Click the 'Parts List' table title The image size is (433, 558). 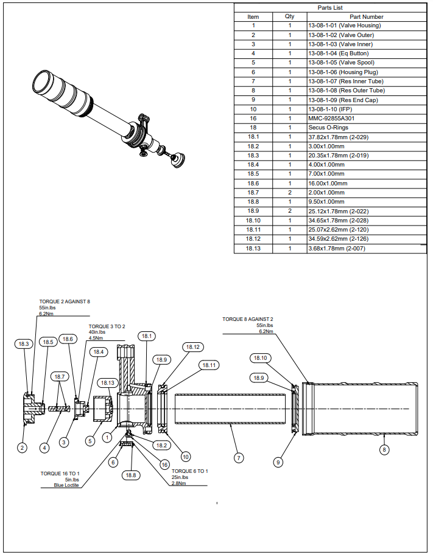331,7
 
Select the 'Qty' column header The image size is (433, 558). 289,16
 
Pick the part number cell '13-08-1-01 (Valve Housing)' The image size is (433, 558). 344,26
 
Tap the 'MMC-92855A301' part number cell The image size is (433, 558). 331,119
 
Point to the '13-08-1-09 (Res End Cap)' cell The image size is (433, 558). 343,100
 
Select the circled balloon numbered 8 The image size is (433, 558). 384,450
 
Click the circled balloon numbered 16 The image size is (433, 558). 164,464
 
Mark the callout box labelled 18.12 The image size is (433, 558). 192,347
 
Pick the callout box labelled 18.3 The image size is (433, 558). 24,344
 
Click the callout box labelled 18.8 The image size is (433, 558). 131,475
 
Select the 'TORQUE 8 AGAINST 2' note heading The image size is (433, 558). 247,319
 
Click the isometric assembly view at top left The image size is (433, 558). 107,115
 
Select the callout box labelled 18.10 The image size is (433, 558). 260,358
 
